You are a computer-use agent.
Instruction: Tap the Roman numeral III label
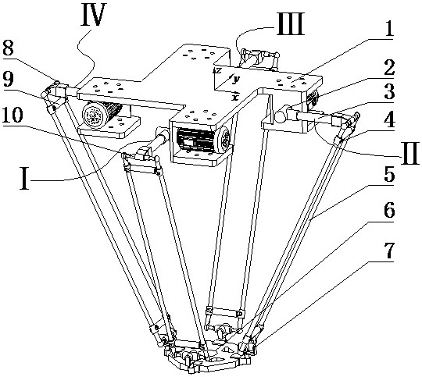[290, 24]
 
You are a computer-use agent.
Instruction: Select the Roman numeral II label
[409, 153]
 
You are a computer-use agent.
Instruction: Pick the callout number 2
[389, 66]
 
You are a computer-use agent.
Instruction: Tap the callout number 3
[389, 91]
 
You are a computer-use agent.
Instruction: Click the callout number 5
[389, 175]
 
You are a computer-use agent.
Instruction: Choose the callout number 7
[389, 251]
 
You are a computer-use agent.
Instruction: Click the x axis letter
[236, 96]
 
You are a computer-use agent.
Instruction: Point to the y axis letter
[236, 79]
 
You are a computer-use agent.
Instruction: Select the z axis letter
[218, 70]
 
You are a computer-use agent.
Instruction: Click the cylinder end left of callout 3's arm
[281, 116]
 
